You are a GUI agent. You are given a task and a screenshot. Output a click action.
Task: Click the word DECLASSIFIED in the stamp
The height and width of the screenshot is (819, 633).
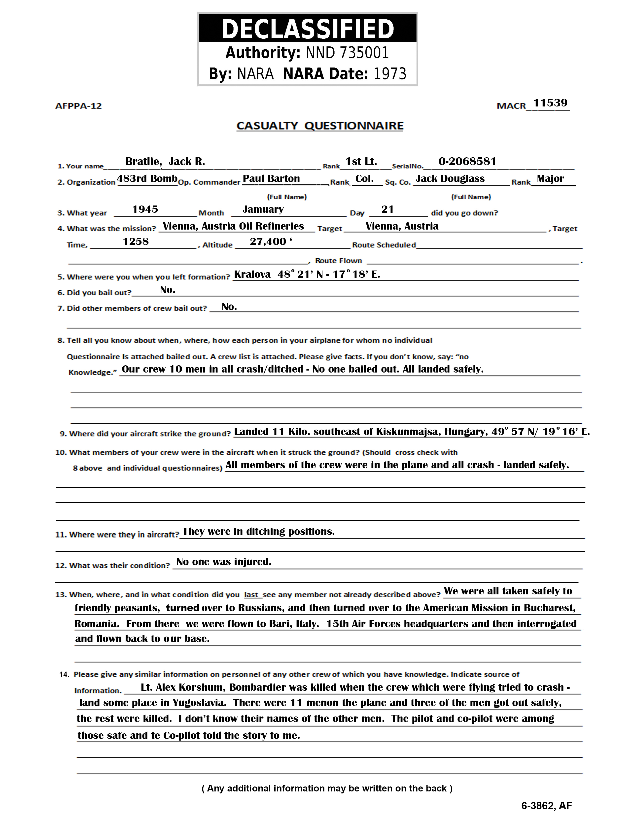pos(308,29)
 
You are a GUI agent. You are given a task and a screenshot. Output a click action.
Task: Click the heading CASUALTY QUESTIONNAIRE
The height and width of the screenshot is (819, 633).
pos(320,126)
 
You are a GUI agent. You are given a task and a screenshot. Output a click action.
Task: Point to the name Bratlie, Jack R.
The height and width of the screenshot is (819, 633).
pos(165,162)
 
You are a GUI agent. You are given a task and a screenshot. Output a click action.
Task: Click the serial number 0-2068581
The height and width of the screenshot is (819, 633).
pos(467,162)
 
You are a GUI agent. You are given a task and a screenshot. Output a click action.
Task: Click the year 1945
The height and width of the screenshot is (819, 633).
pos(145,209)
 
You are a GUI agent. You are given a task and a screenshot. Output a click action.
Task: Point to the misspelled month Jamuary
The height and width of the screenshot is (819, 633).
pos(263,209)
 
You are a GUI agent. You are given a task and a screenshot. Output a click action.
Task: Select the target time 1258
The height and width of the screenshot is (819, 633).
pos(136,241)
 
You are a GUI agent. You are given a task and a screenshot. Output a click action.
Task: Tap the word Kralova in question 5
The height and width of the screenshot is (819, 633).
pos(252,274)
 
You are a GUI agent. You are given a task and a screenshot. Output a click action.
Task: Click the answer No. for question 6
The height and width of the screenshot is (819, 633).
pos(168,290)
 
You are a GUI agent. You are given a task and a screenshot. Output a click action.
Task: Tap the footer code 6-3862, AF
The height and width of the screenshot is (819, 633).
pos(546,806)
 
